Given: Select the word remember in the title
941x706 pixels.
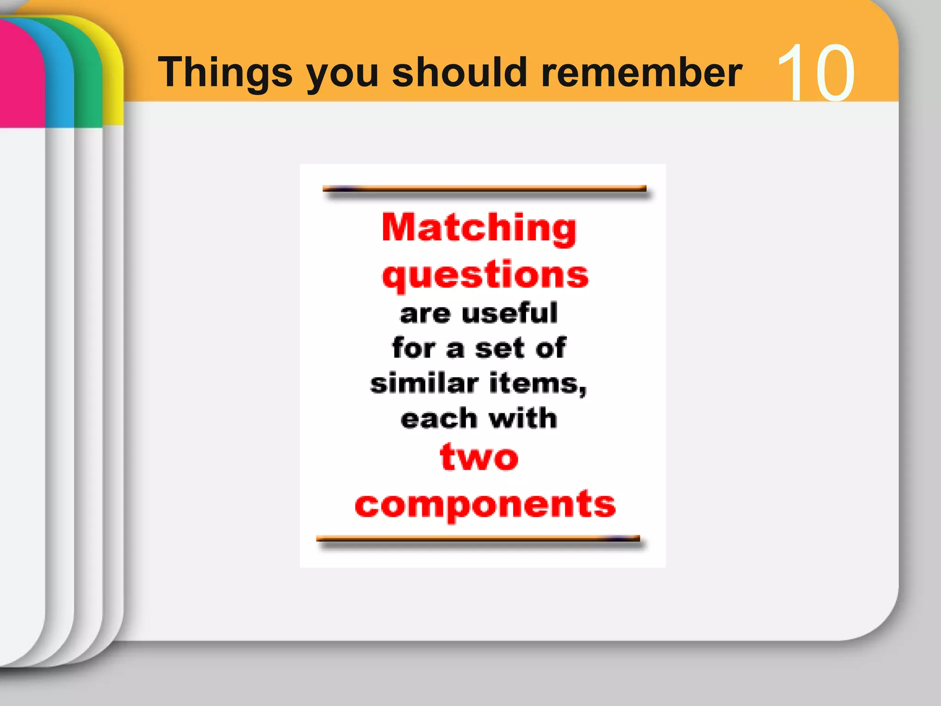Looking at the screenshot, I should (641, 72).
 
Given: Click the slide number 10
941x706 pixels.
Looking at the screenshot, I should (816, 72).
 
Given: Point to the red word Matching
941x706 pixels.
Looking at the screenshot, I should (479, 228).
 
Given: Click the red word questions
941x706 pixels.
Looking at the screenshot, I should (485, 274).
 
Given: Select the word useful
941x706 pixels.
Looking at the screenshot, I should (510, 313).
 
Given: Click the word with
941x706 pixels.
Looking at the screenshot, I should (522, 418).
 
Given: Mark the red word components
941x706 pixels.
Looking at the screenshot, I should (485, 505).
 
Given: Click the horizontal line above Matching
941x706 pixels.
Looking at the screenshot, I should (485, 189).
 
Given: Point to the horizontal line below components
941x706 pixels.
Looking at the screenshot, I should (478, 539).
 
